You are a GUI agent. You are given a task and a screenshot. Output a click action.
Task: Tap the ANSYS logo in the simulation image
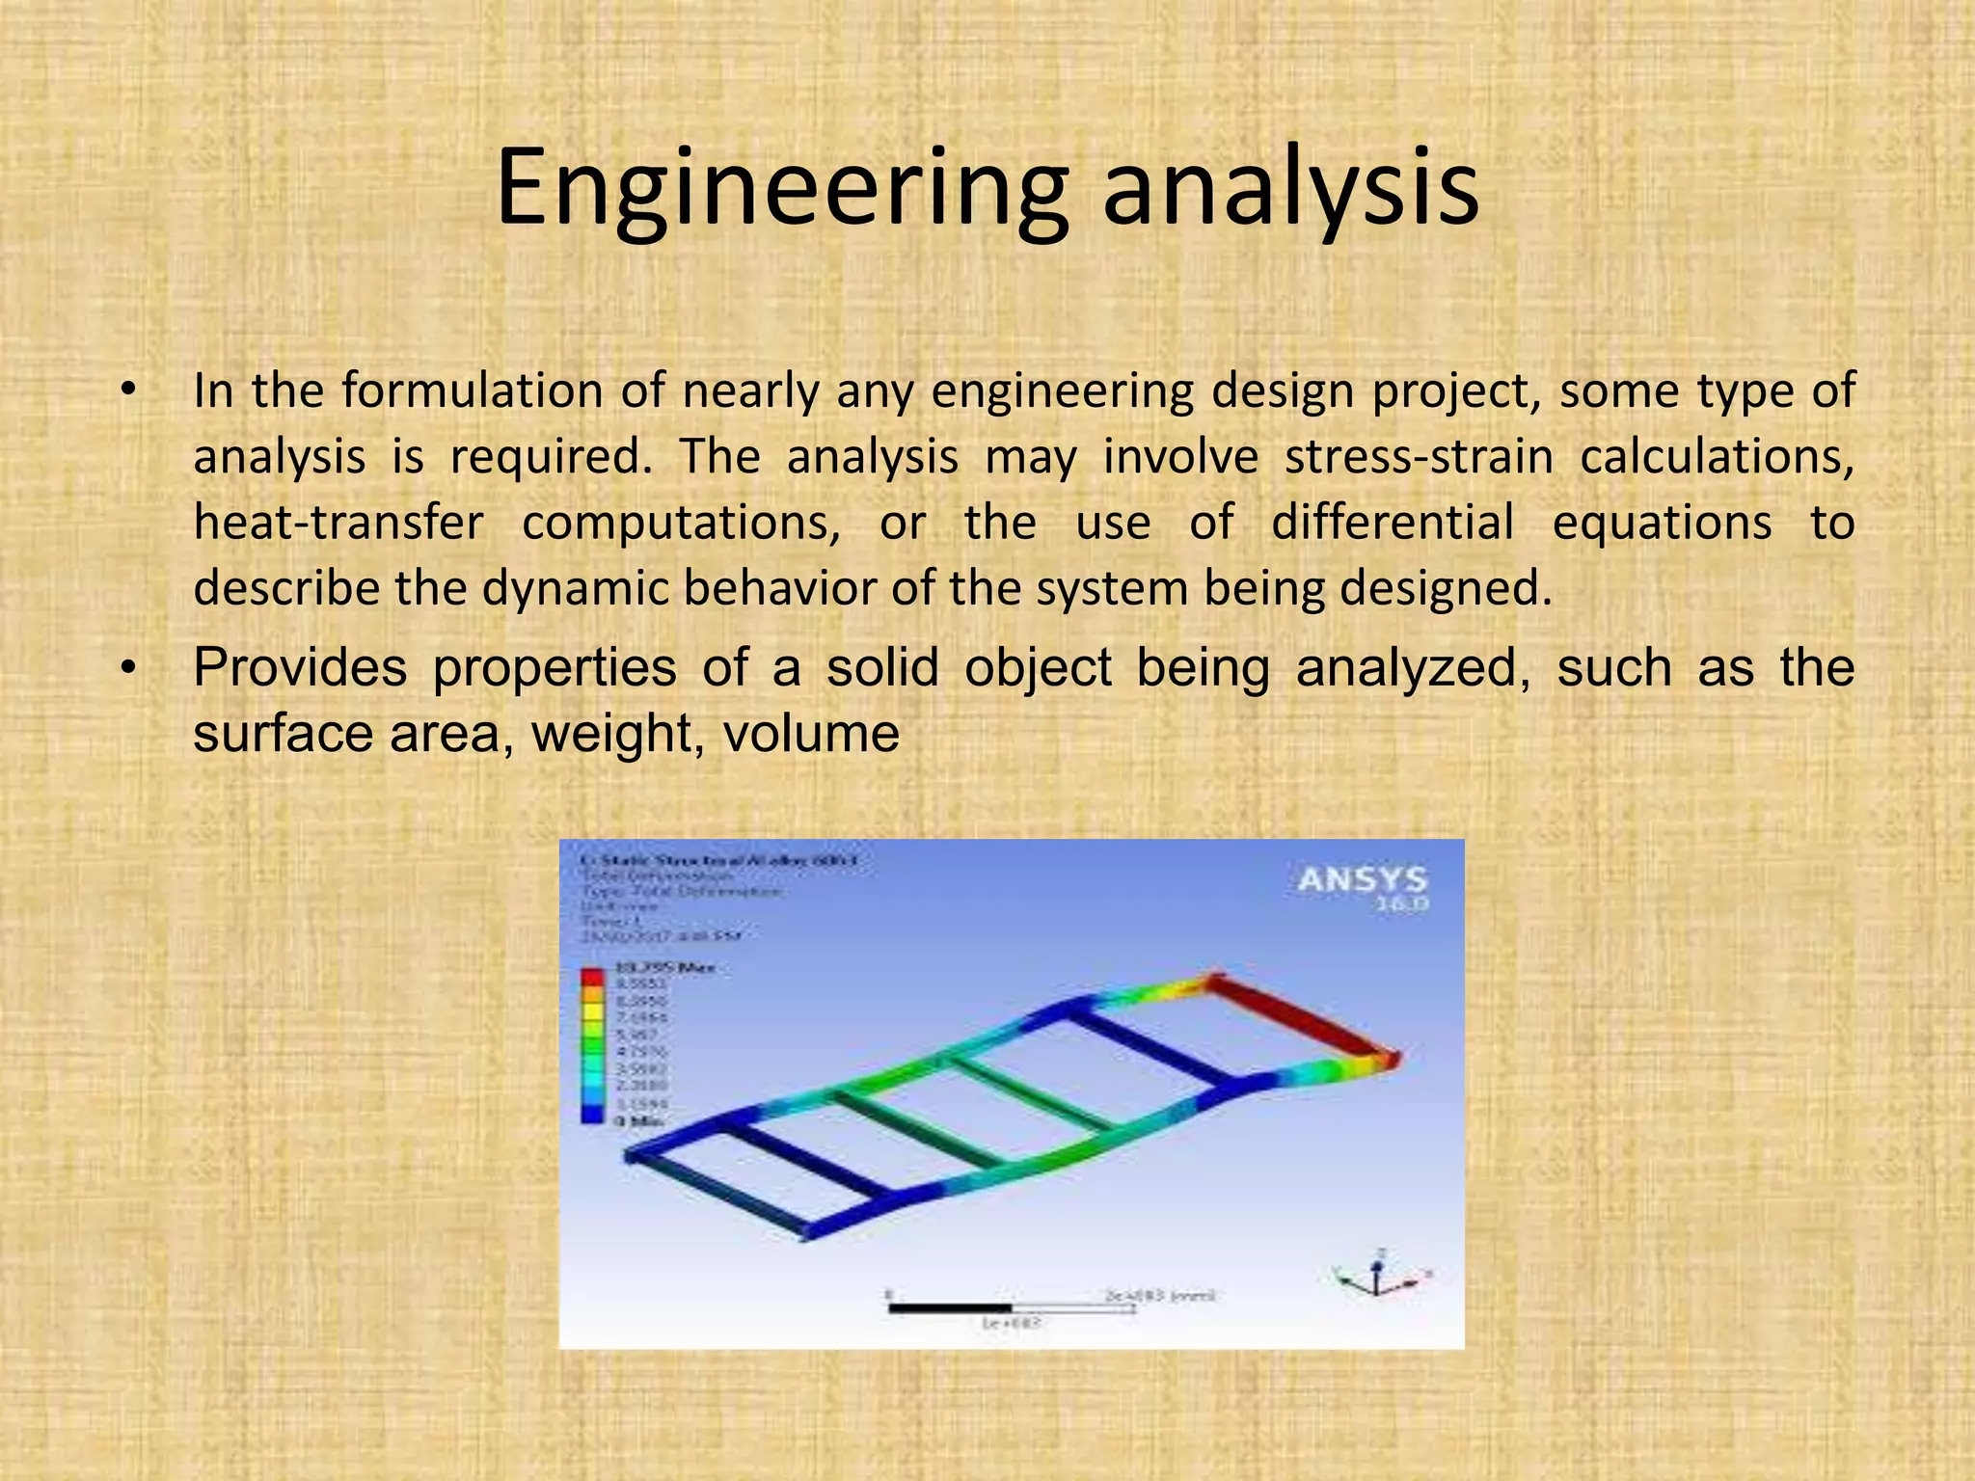[1362, 881]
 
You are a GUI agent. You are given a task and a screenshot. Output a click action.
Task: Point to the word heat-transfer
[338, 523]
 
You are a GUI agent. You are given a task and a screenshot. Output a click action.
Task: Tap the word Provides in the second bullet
[300, 667]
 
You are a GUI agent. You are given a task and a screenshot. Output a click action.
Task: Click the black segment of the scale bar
[950, 1308]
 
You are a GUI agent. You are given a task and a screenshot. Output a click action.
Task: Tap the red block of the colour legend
[591, 977]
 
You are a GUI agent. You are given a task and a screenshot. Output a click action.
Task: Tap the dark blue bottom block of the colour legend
[591, 1115]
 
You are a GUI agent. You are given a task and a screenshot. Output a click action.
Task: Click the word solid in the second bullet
[882, 667]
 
